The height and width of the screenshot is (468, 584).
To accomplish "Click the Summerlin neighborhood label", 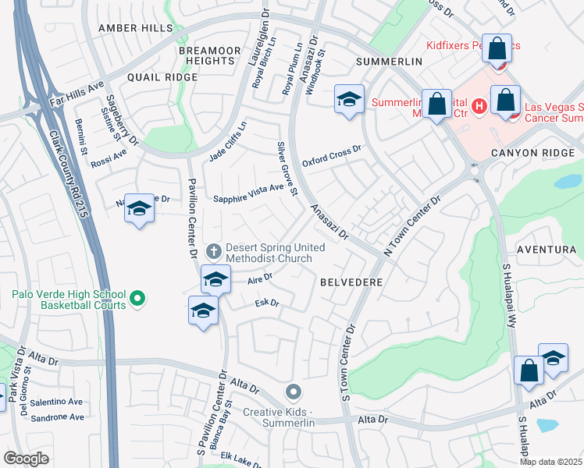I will (x=388, y=61).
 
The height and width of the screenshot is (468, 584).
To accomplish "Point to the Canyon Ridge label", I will (x=532, y=153).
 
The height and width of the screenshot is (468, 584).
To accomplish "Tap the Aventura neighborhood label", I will (x=551, y=249).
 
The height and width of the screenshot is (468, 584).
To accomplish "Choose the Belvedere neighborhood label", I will (x=351, y=282).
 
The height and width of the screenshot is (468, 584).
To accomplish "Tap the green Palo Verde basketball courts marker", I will (x=137, y=298).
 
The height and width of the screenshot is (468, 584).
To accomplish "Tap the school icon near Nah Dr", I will (x=139, y=208).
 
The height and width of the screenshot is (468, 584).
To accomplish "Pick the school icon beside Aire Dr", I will (x=216, y=278).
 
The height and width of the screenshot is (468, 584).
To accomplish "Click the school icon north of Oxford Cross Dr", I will (x=349, y=99).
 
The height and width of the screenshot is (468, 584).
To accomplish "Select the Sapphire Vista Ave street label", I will (x=249, y=199).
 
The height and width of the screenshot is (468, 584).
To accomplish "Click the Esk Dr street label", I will (x=267, y=303).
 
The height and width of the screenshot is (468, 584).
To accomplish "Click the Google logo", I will (x=26, y=459).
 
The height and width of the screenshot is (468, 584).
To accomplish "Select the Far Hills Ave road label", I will (x=76, y=96).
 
